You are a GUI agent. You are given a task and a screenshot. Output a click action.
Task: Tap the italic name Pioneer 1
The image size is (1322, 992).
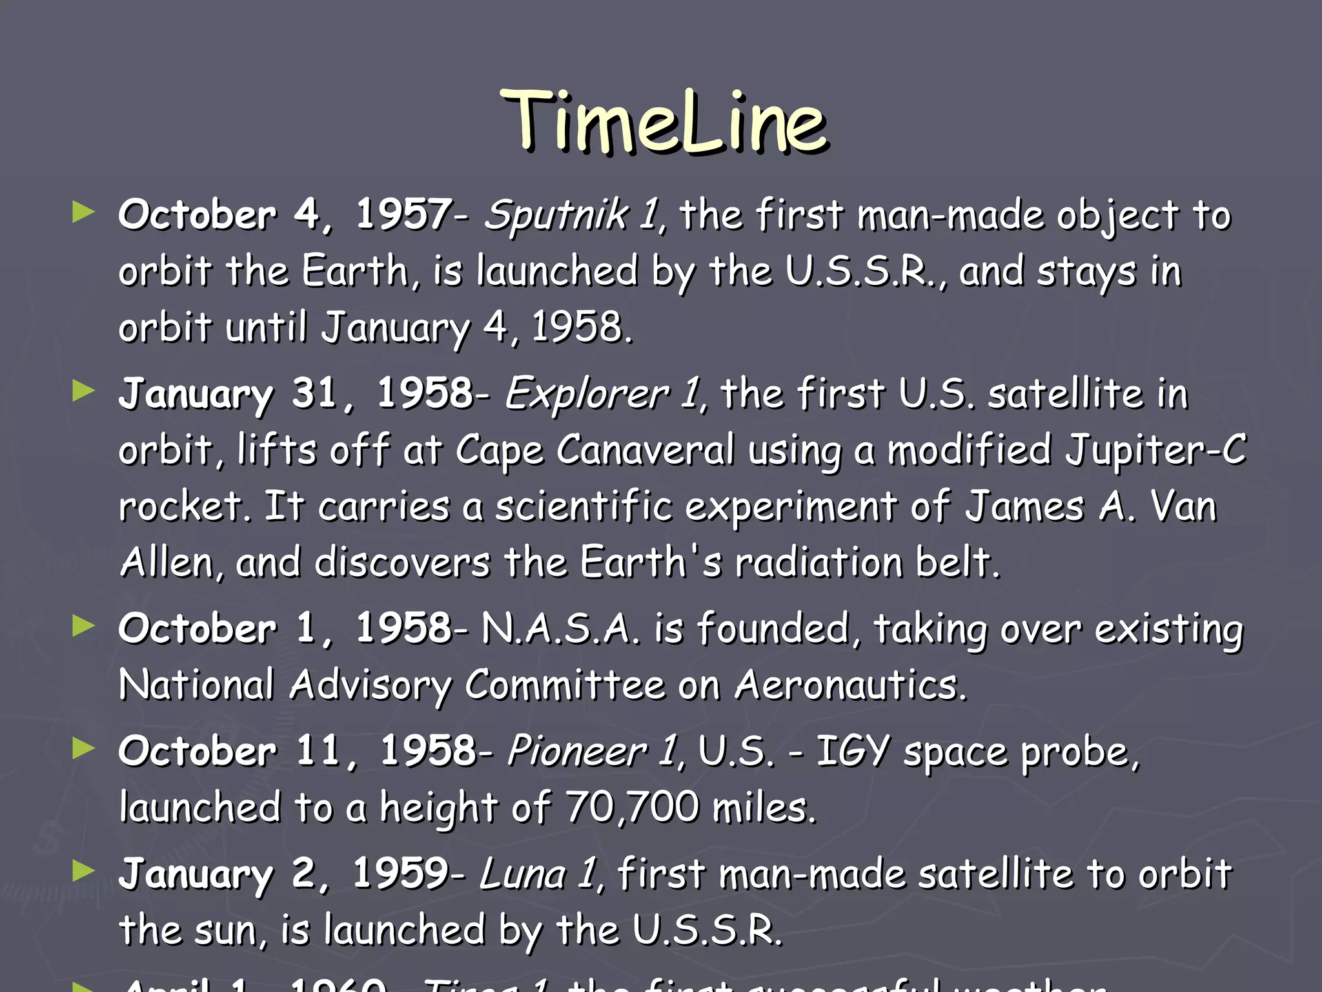(593, 751)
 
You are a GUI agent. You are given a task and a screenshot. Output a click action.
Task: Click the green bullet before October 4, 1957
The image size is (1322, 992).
(84, 212)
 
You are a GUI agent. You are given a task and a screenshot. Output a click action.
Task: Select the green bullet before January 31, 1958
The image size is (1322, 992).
(84, 391)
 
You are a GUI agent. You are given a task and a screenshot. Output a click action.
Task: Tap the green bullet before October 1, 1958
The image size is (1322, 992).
(84, 626)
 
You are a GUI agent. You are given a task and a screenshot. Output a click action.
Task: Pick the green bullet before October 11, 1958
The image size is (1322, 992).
(84, 749)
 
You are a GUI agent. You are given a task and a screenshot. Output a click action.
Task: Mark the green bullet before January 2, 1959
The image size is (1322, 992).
(84, 871)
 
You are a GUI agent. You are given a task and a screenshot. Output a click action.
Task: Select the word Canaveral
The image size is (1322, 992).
(646, 449)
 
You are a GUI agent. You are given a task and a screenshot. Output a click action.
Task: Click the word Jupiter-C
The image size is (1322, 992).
(1155, 450)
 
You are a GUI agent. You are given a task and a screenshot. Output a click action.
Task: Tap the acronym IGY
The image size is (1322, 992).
(853, 752)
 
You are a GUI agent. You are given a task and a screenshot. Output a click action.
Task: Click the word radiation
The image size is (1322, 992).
(820, 563)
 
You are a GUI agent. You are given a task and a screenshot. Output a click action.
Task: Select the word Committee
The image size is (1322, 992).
(565, 685)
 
